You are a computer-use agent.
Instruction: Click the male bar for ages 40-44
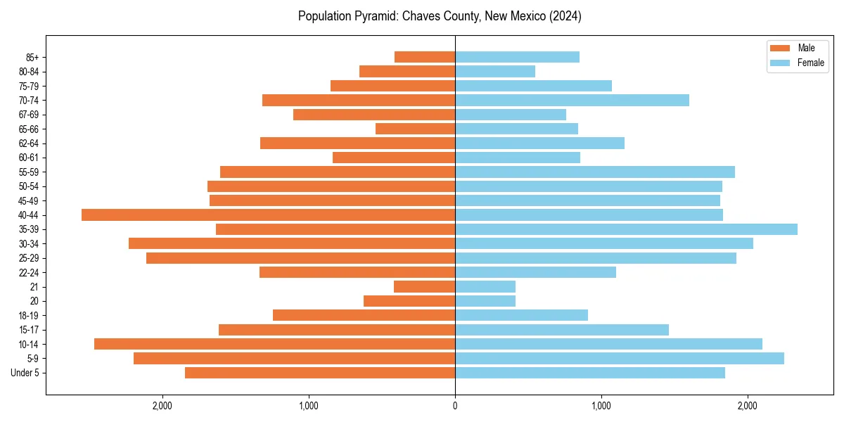pyautogui.click(x=268, y=215)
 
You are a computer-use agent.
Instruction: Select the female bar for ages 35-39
pyautogui.click(x=626, y=229)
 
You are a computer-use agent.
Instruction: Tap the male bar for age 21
pyautogui.click(x=424, y=286)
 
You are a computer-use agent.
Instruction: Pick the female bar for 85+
pyautogui.click(x=517, y=57)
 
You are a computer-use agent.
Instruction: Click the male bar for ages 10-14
pyautogui.click(x=274, y=344)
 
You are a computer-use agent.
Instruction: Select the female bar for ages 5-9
pyautogui.click(x=619, y=358)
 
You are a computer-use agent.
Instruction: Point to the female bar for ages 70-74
pyautogui.click(x=572, y=100)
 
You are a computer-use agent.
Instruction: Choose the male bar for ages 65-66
pyautogui.click(x=415, y=129)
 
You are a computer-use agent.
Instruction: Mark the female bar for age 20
pyautogui.click(x=485, y=301)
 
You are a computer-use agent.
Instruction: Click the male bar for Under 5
pyautogui.click(x=320, y=373)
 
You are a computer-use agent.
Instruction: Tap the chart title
pyautogui.click(x=440, y=16)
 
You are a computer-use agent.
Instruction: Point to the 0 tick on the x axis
pyautogui.click(x=455, y=406)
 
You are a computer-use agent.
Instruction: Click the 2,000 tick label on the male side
pyautogui.click(x=162, y=406)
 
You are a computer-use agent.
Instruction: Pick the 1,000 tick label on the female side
pyautogui.click(x=601, y=406)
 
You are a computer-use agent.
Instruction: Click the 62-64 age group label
pyautogui.click(x=30, y=143)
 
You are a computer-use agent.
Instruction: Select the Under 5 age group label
pyautogui.click(x=25, y=373)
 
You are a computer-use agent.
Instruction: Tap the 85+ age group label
pyautogui.click(x=32, y=57)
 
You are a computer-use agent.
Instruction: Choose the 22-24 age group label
pyautogui.click(x=30, y=272)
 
